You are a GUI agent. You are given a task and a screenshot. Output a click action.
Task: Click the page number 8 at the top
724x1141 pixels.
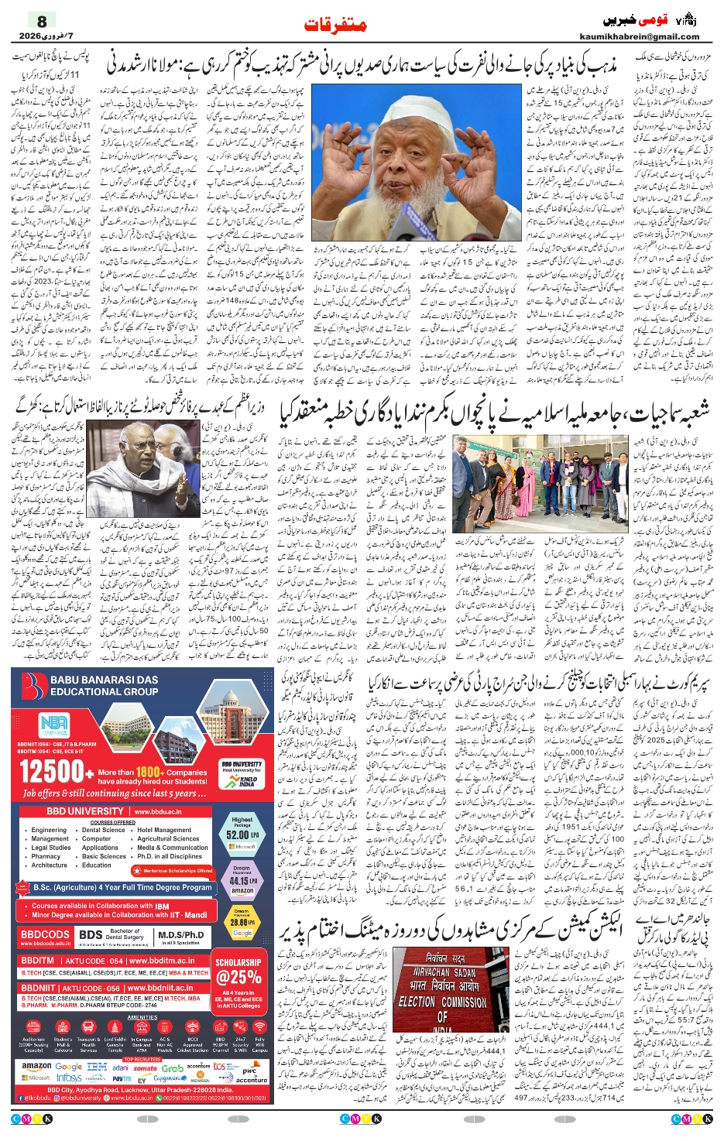pos(42,21)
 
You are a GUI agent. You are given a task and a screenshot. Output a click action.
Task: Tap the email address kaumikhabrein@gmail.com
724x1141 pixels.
pos(639,36)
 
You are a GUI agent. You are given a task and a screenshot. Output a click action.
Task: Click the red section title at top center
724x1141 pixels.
pos(335,25)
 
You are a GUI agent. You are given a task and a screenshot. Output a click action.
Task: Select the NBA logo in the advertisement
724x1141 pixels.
pos(54,725)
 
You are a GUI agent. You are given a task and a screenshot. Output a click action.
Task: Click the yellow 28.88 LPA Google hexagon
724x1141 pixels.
pos(242,922)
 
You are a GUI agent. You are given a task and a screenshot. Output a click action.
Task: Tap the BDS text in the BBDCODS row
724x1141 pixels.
pos(91,934)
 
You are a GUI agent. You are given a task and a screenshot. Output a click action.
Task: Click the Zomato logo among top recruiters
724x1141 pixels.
pos(145,1068)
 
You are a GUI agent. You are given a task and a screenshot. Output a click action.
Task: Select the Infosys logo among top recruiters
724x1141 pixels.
pos(69,1078)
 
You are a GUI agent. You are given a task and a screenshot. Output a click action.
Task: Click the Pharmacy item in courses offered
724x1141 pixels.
pos(46,856)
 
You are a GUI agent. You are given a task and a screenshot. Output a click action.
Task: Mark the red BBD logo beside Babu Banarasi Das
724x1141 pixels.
pos(34,686)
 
